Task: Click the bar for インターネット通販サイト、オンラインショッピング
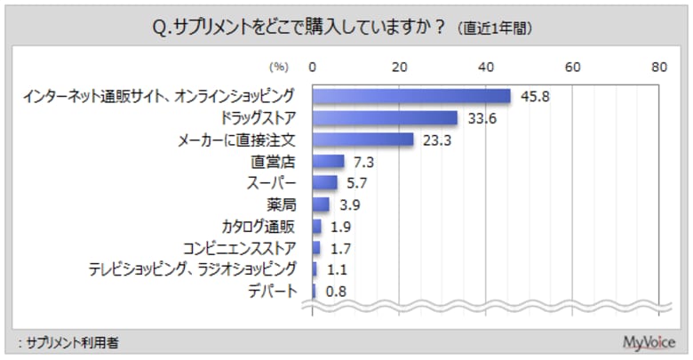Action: pos(411,96)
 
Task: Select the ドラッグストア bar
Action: pos(385,118)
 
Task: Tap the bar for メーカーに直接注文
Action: pos(362,140)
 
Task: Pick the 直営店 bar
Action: pos(328,161)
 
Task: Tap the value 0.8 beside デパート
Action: pos(334,290)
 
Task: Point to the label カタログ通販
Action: pos(259,226)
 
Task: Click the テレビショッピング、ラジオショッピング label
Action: pos(191,268)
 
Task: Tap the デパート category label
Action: pos(272,290)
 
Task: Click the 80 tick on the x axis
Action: pos(658,66)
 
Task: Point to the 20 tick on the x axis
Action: pos(399,66)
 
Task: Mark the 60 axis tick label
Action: pos(572,66)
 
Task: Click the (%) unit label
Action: pos(279,67)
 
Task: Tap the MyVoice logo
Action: pos(650,341)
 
